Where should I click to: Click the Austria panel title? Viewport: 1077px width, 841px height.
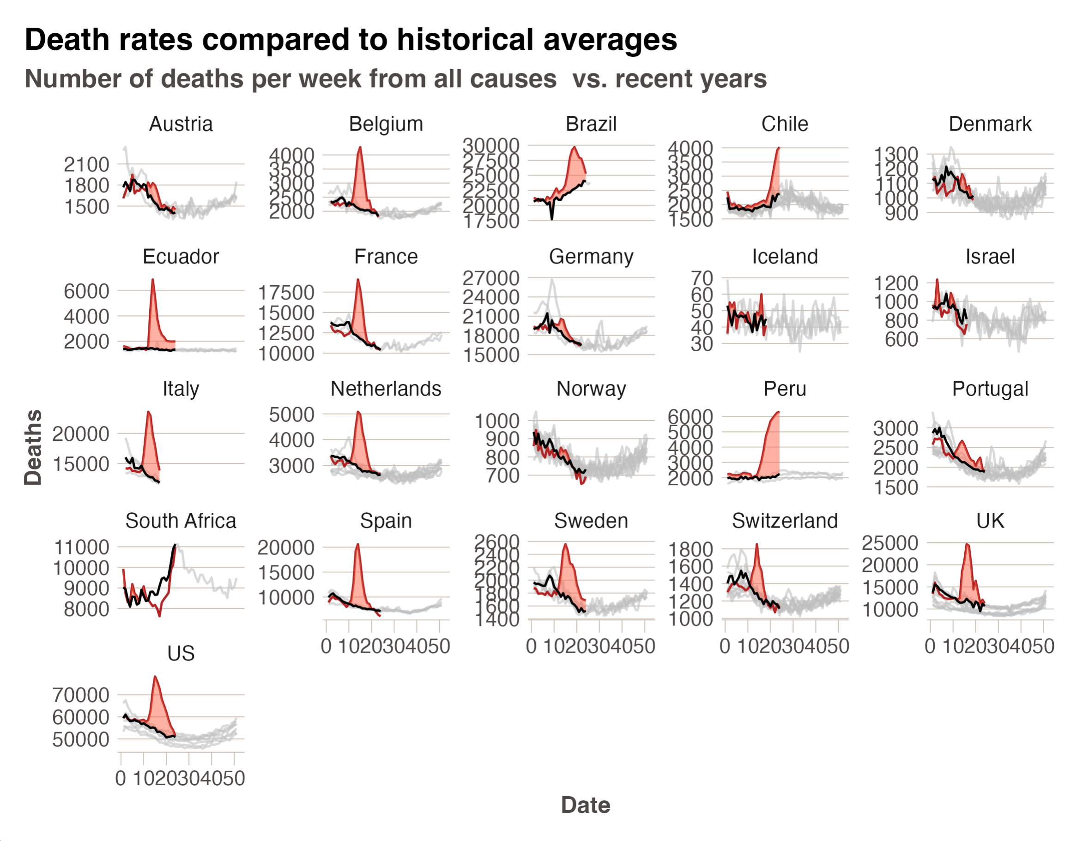point(181,124)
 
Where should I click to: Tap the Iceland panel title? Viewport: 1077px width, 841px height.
point(785,257)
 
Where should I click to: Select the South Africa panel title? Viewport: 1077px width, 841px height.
point(181,521)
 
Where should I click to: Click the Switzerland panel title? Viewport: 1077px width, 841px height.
point(785,521)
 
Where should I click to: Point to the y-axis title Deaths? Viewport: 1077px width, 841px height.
point(33,447)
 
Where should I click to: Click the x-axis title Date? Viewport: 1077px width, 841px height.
point(585,805)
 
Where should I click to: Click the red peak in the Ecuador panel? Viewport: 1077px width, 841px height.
point(153,280)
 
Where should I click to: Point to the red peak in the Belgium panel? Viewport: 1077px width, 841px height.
point(360,147)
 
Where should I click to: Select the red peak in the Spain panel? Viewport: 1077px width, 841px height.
point(357,545)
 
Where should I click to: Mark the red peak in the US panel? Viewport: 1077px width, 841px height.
point(155,677)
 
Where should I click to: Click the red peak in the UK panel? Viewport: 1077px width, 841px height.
point(968,545)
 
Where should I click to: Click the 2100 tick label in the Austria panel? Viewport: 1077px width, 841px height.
point(86,165)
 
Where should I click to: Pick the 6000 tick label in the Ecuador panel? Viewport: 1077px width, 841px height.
point(86,291)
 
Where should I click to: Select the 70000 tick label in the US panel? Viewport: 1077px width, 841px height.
point(81,695)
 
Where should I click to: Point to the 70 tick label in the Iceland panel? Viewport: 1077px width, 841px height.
point(702,278)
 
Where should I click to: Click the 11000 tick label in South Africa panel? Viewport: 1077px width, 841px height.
point(81,547)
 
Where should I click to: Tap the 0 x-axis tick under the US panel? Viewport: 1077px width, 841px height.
point(121,779)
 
